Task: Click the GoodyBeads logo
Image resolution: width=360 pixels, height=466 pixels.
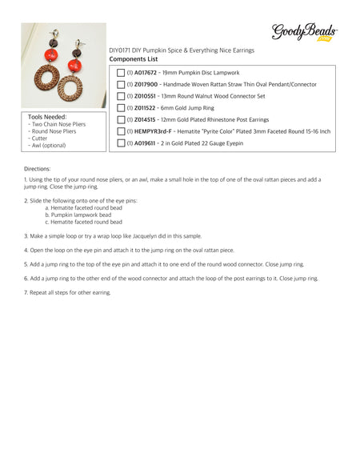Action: click(305, 32)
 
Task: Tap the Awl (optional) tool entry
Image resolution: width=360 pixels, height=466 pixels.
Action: click(48, 146)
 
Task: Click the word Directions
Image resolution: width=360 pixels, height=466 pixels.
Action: click(38, 169)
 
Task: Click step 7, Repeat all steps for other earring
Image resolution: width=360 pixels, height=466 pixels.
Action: click(68, 292)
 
